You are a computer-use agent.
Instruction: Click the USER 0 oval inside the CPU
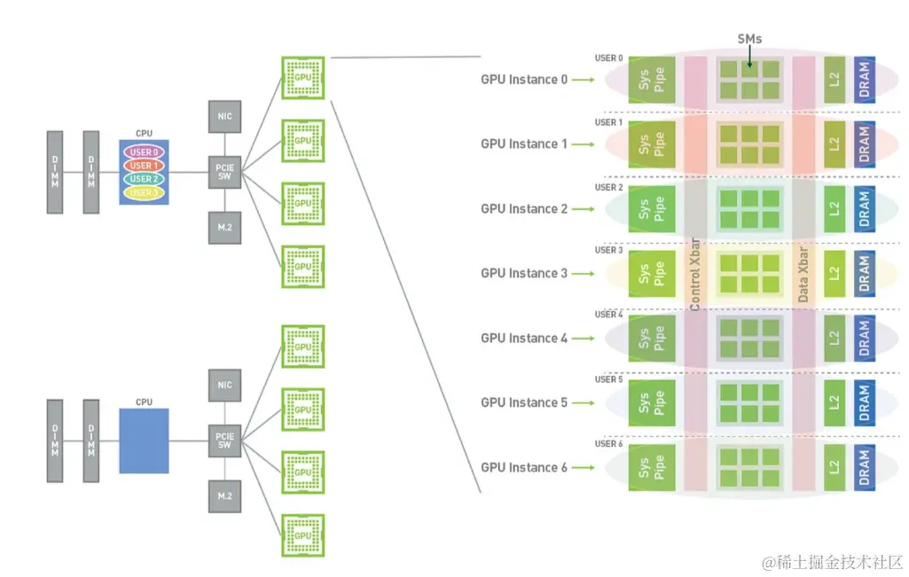144,152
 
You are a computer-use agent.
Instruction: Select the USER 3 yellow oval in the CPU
144,192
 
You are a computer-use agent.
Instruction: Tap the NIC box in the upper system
224,115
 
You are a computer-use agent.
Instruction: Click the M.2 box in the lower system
224,495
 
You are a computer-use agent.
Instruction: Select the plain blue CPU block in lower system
144,441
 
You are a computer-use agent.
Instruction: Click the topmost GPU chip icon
303,77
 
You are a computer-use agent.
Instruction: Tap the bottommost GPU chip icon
303,535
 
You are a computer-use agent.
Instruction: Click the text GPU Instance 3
524,273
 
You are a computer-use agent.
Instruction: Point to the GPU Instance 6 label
524,467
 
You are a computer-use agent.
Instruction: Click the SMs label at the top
749,38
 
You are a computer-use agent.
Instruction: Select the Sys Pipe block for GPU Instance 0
652,80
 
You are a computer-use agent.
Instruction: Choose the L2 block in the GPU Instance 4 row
834,338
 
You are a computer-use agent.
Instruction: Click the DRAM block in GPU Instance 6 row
865,467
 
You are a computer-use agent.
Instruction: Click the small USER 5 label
609,379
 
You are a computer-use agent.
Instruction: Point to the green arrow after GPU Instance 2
582,209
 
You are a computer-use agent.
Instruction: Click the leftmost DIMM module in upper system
55,172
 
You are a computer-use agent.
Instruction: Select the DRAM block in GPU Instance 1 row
865,144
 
